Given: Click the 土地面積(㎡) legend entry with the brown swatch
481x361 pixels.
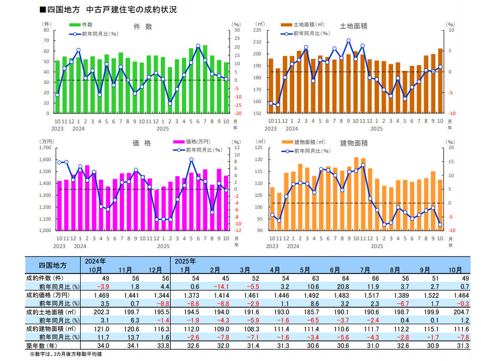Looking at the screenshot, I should [x=309, y=24].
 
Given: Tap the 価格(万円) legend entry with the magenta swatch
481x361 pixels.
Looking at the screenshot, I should [x=191, y=141].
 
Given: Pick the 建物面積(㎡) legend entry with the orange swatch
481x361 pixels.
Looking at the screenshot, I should [x=309, y=141].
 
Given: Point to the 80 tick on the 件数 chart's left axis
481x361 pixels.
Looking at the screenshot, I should [x=47, y=30].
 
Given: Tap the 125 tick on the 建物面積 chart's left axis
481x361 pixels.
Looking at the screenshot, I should [x=260, y=148].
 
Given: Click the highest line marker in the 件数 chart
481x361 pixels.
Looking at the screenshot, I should [x=198, y=46].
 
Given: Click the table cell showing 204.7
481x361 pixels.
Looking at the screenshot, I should [x=460, y=312].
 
